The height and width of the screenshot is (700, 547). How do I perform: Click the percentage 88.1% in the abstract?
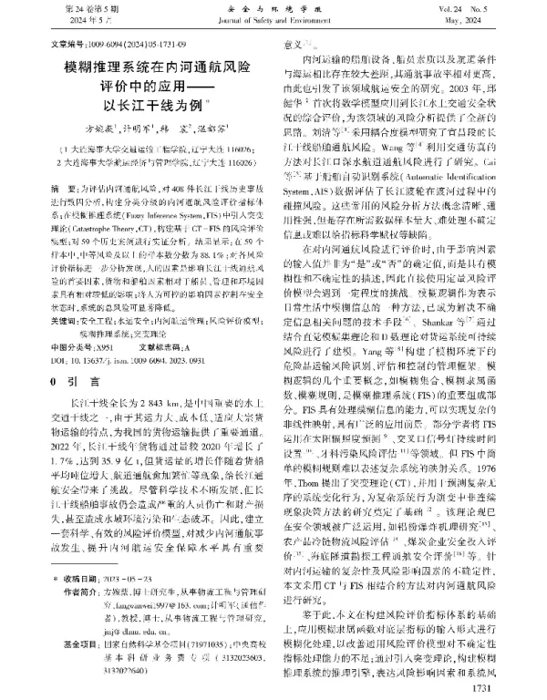point(225,271)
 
